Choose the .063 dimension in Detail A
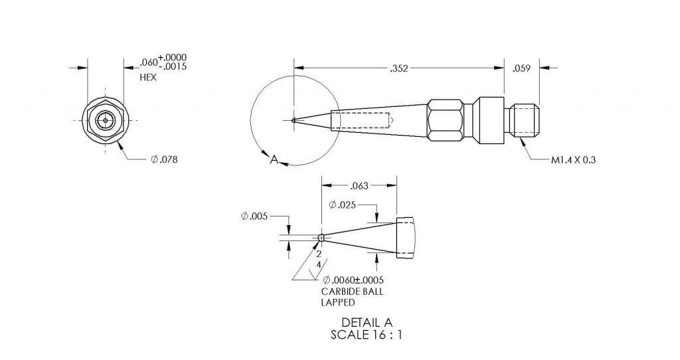click(x=359, y=185)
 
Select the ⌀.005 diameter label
click(x=253, y=216)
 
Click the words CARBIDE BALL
click(x=352, y=291)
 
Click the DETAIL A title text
click(x=367, y=323)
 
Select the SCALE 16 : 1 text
click(x=367, y=335)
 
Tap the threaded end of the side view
click(x=526, y=120)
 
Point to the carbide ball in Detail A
click(x=321, y=238)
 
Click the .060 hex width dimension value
click(x=148, y=63)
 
